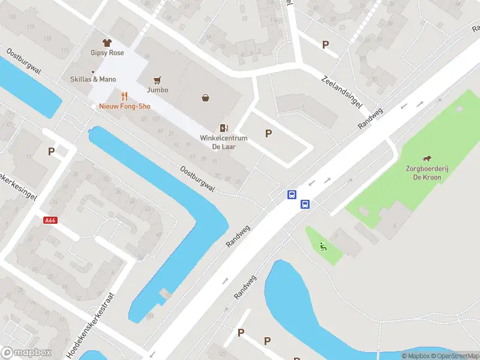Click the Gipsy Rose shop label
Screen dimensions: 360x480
107,53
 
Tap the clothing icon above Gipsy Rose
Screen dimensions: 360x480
107,43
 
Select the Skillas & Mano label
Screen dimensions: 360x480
93,79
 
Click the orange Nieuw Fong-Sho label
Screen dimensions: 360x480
125,106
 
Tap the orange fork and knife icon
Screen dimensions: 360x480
125,96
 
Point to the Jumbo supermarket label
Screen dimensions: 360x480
157,90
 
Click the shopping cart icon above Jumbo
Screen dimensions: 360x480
157,80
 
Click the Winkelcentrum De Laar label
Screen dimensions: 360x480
224,142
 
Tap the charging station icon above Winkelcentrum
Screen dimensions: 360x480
224,127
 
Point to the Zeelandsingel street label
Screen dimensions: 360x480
342,92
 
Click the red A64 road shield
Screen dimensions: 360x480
50,220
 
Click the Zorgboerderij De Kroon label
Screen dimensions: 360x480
427,173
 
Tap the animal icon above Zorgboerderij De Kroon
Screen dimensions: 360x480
427,159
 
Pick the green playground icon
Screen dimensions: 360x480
323,245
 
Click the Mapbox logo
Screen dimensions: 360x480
26,353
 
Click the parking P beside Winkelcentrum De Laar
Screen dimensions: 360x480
268,133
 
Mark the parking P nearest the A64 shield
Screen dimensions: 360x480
52,152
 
